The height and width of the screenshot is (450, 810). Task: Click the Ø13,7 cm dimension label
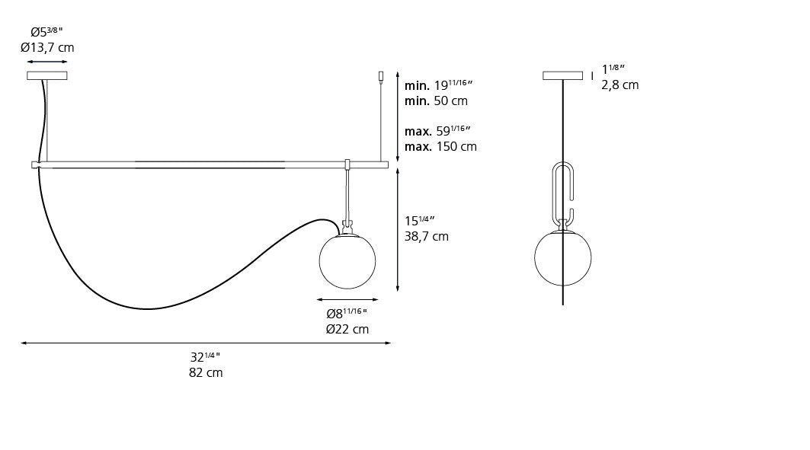[x=47, y=47]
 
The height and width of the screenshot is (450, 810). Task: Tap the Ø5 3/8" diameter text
[x=46, y=31]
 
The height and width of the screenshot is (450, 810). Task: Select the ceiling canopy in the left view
[x=47, y=75]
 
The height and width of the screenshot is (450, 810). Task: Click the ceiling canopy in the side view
[x=562, y=75]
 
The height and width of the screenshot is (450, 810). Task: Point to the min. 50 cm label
[x=436, y=101]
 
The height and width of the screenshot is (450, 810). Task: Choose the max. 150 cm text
[x=440, y=146]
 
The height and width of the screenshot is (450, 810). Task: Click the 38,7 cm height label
[x=426, y=236]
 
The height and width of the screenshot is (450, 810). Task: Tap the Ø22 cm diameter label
[x=347, y=329]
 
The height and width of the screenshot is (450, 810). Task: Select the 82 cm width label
[x=206, y=372]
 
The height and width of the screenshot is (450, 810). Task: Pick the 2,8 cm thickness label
[x=620, y=85]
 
